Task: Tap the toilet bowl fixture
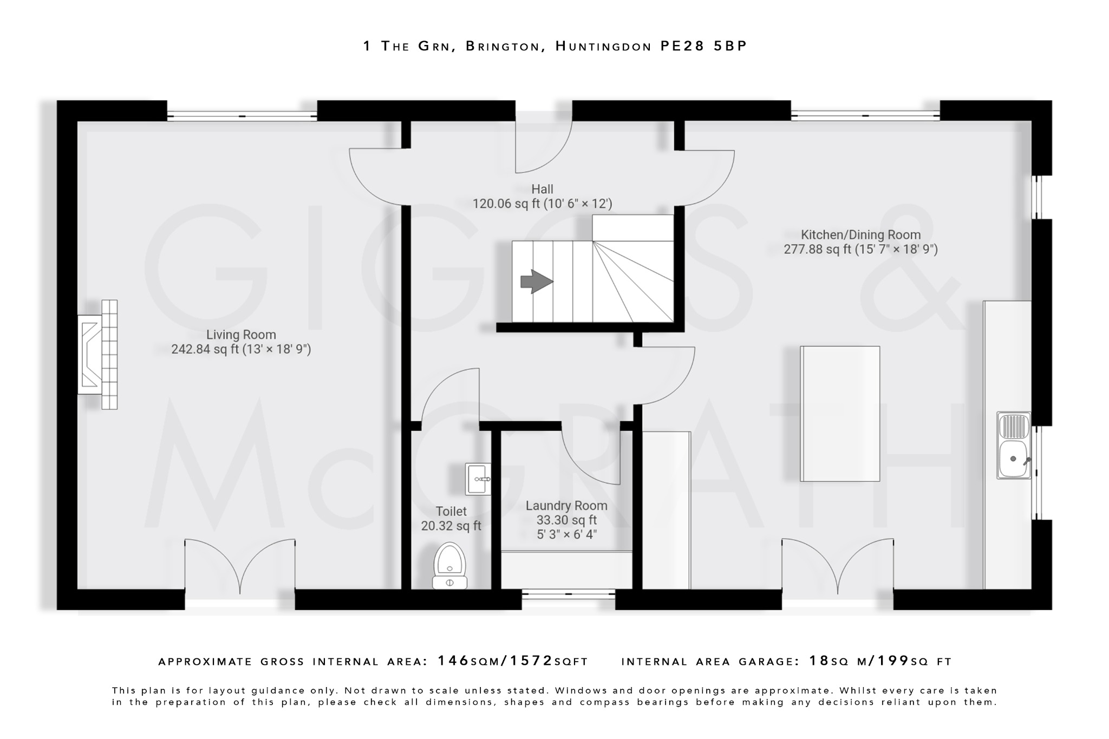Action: (x=449, y=566)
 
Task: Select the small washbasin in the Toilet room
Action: (x=478, y=479)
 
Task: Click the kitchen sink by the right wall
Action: (x=1014, y=446)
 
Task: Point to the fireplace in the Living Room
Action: (x=97, y=355)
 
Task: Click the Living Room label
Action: (x=241, y=335)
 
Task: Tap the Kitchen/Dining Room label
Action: (x=860, y=235)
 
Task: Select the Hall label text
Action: (x=542, y=189)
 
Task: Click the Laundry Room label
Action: (x=566, y=506)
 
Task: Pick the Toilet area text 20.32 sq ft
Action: (x=451, y=526)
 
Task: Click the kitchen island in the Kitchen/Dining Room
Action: (x=840, y=414)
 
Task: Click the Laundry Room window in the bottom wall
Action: (x=568, y=594)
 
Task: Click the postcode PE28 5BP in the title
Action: (x=703, y=46)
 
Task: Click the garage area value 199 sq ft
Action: (x=914, y=661)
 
